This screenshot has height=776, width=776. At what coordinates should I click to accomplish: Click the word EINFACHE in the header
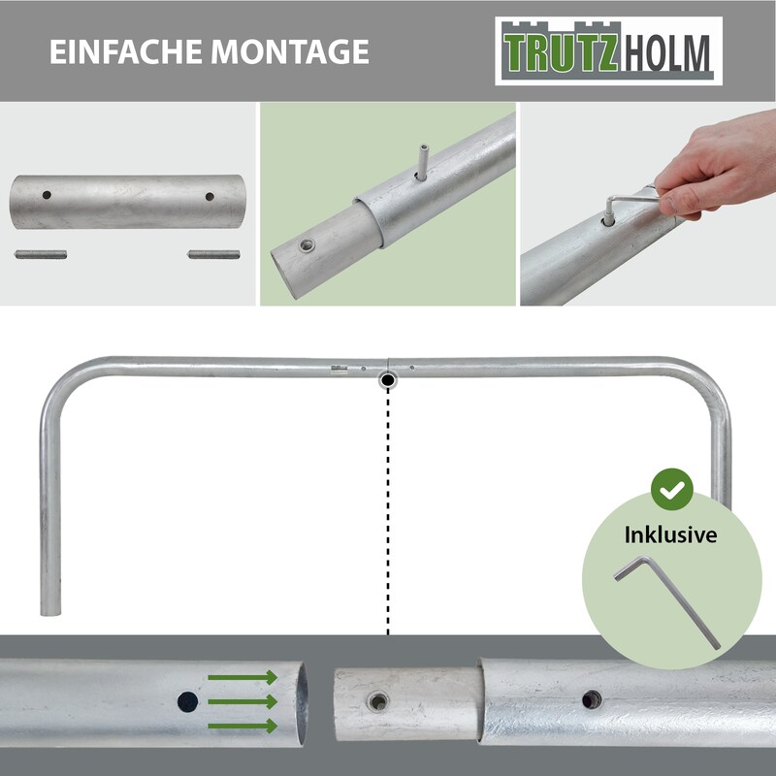(x=126, y=51)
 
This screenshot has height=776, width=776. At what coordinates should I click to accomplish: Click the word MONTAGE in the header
(x=290, y=51)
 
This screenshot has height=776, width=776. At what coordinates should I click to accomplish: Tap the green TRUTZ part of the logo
(x=561, y=52)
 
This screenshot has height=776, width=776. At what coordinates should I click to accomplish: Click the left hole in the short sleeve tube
(x=47, y=195)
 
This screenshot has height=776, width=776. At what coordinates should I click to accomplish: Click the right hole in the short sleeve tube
(x=210, y=197)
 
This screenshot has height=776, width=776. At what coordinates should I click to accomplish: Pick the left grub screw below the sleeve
(x=41, y=255)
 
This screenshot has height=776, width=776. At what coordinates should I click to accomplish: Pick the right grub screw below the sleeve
(x=213, y=255)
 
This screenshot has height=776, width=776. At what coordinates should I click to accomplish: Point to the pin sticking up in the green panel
(x=422, y=162)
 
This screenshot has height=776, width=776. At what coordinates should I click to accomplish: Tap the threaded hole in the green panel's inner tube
(x=307, y=245)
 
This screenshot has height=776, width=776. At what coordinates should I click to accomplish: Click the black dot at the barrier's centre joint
(x=388, y=380)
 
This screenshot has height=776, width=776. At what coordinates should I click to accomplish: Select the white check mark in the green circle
(x=672, y=490)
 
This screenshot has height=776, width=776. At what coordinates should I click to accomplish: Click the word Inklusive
(x=670, y=534)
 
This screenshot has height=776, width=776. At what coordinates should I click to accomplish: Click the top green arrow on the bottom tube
(x=242, y=677)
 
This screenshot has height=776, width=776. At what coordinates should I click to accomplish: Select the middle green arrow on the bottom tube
(x=242, y=701)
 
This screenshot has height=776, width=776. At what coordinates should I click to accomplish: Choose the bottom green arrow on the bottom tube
(x=242, y=726)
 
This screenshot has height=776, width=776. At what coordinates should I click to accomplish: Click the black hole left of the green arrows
(x=187, y=701)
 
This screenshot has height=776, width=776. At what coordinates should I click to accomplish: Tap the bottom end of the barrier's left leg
(x=50, y=614)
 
